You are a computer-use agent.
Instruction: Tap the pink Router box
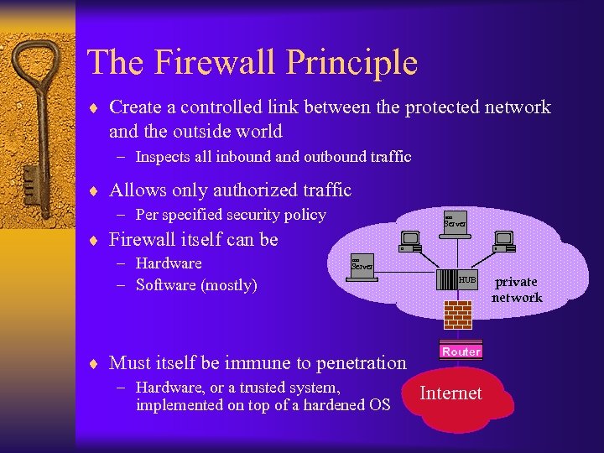[x=461, y=351]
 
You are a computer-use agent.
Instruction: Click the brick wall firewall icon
[x=457, y=314]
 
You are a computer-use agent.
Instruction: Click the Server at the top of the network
[x=456, y=222]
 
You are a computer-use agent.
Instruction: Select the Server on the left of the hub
[x=362, y=266]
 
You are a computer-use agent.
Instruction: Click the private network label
[x=517, y=289]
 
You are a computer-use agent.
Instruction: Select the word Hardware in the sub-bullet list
[x=169, y=263]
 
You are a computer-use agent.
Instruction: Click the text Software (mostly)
[x=195, y=285]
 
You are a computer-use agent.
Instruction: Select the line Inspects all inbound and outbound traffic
[x=273, y=157]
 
